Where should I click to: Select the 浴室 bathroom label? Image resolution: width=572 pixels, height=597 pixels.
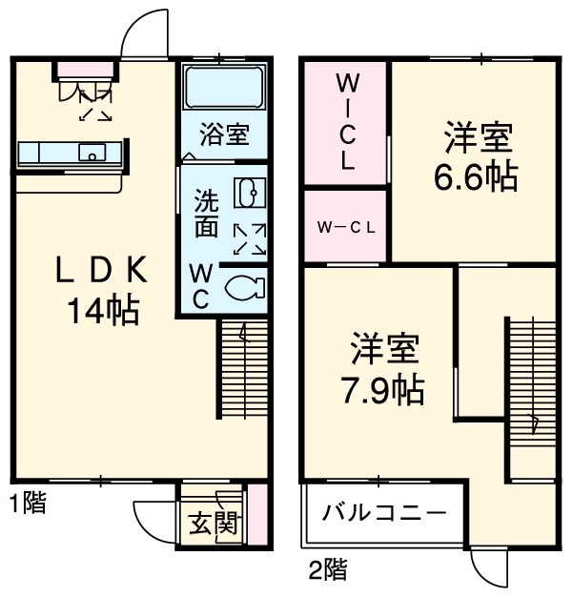coord(224,134)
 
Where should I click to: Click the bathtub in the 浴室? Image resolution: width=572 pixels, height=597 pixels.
coord(223,91)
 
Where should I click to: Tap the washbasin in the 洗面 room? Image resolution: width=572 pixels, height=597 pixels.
coord(247,194)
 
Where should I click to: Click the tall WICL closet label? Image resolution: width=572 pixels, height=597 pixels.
coord(346,123)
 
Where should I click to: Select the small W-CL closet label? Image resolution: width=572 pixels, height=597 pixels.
coord(346,227)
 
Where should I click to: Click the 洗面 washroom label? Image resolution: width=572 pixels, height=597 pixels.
coord(206,215)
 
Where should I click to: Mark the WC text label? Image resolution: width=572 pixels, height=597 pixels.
coord(201,285)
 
